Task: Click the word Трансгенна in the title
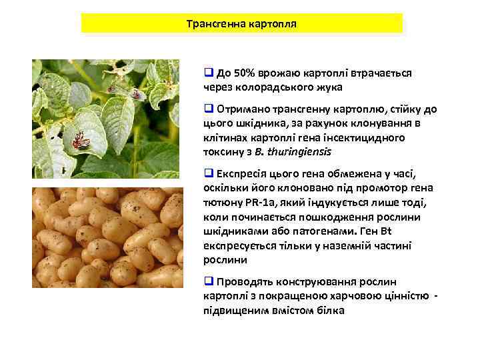pyautogui.click(x=215, y=23)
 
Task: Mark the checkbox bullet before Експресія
pyautogui.click(x=208, y=174)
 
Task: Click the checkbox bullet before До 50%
pyautogui.click(x=208, y=72)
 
